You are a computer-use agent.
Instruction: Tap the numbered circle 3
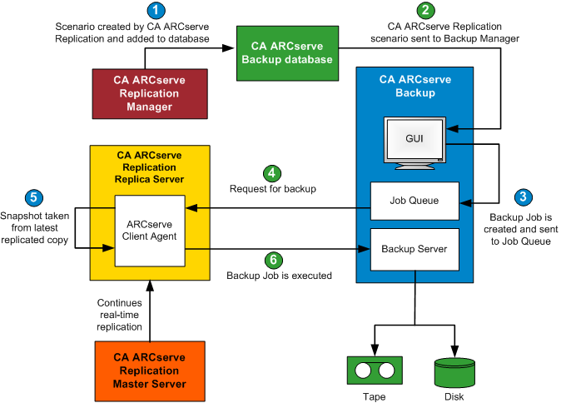(523, 197)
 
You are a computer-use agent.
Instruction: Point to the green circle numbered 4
(271, 173)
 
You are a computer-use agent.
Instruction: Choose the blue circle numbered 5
(33, 198)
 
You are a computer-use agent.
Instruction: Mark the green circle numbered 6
(271, 259)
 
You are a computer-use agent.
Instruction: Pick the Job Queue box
(415, 201)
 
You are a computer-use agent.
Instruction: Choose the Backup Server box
(415, 249)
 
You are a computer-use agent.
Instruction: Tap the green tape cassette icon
(375, 369)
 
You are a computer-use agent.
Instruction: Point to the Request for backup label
(273, 189)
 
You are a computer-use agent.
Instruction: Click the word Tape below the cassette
(375, 396)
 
